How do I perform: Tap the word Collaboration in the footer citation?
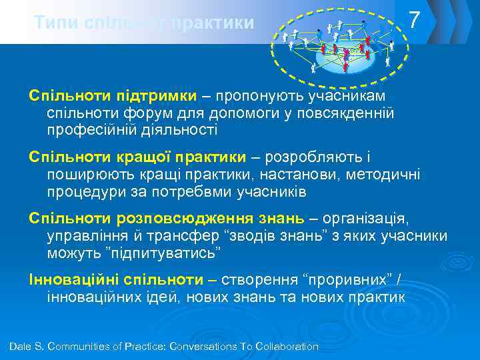click(x=285, y=347)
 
